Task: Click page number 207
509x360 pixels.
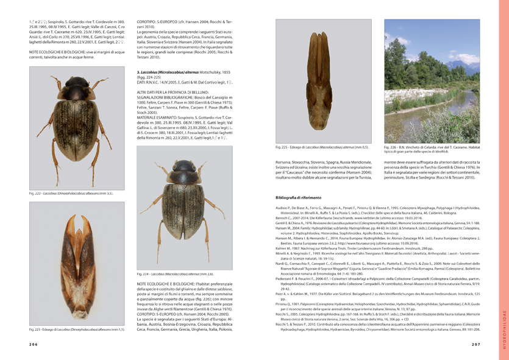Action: [476, 344]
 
